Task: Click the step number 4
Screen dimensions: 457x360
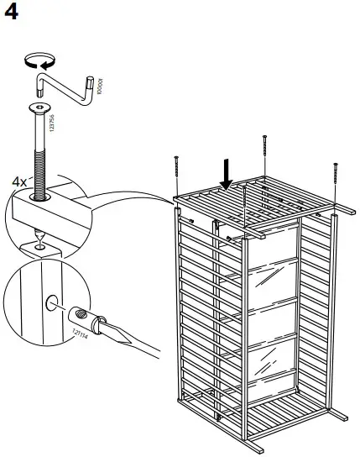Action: point(12,14)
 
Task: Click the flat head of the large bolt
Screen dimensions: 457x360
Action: point(39,108)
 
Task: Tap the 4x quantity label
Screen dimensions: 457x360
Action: point(19,181)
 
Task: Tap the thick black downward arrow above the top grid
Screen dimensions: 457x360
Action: point(224,175)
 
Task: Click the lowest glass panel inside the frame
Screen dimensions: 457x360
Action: point(270,365)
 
